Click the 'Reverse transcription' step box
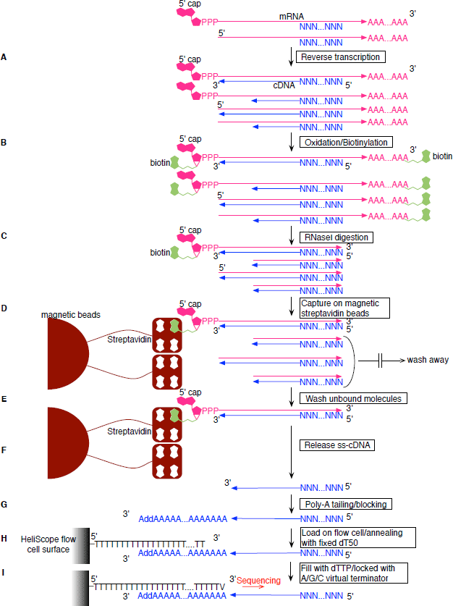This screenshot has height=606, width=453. [339, 56]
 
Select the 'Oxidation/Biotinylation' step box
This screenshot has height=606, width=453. [345, 142]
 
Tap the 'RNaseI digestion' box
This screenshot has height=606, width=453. [336, 237]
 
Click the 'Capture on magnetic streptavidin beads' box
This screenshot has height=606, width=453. [344, 308]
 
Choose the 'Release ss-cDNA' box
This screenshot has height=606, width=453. [332, 445]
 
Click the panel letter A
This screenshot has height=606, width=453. [4, 56]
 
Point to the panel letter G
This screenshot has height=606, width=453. [4, 502]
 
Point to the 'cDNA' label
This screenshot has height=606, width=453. [284, 84]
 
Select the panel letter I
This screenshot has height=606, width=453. [4, 573]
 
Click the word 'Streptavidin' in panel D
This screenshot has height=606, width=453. [129, 338]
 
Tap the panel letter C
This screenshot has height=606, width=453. [4, 237]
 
